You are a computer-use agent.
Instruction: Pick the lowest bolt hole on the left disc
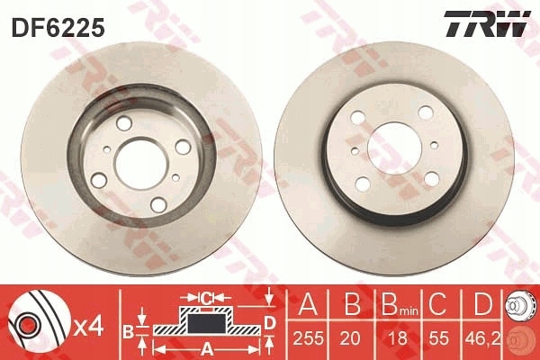click(x=158, y=205)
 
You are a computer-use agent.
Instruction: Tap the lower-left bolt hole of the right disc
click(x=362, y=184)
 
